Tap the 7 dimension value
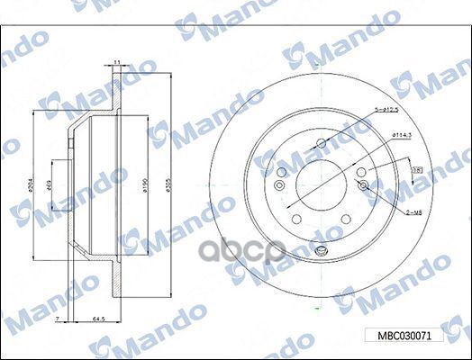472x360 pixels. [x=56, y=319]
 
